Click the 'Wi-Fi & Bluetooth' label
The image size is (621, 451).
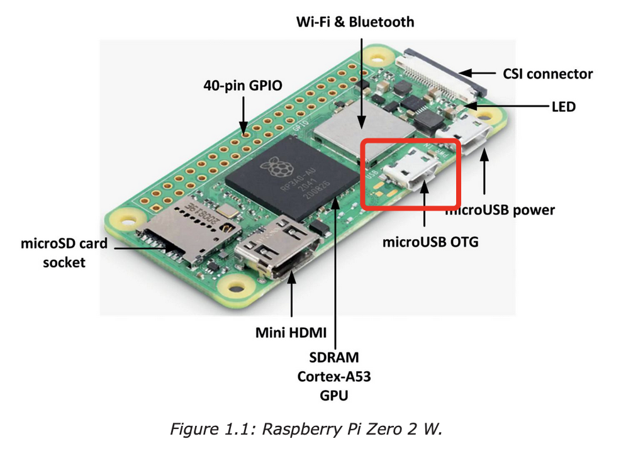coord(355,23)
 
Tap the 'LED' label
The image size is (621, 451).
coord(563,107)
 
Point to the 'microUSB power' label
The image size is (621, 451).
coord(500,209)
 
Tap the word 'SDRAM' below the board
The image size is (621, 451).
coord(333,358)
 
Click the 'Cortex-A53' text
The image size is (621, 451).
coord(333,377)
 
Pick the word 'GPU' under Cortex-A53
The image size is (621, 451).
coord(333,396)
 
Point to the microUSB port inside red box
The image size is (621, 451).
coord(411,174)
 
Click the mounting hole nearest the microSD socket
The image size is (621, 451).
coord(121,220)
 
